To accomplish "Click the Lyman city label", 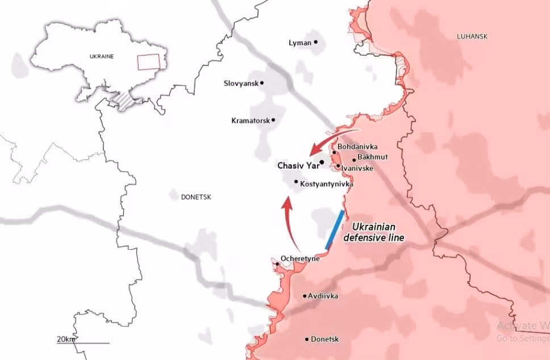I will (299, 43).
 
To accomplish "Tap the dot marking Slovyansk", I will (262, 83).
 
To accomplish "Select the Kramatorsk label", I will (251, 120).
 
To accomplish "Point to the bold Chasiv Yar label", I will (297, 166).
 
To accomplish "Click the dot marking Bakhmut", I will (354, 160).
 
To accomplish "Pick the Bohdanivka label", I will (357, 146).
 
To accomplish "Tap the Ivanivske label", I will (357, 168).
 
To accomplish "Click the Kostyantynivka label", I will (326, 184).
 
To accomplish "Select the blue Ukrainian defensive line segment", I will (335, 229).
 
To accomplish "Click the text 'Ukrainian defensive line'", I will (374, 231).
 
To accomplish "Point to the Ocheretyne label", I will (300, 258).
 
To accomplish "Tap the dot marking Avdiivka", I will (305, 296).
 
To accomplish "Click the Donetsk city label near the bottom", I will (324, 339).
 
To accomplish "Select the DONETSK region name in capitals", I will (196, 197).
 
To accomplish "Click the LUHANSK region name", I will (472, 36).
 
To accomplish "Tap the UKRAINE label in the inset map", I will (102, 56).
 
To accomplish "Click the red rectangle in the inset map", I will (149, 61).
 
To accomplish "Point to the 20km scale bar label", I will (66, 339).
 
